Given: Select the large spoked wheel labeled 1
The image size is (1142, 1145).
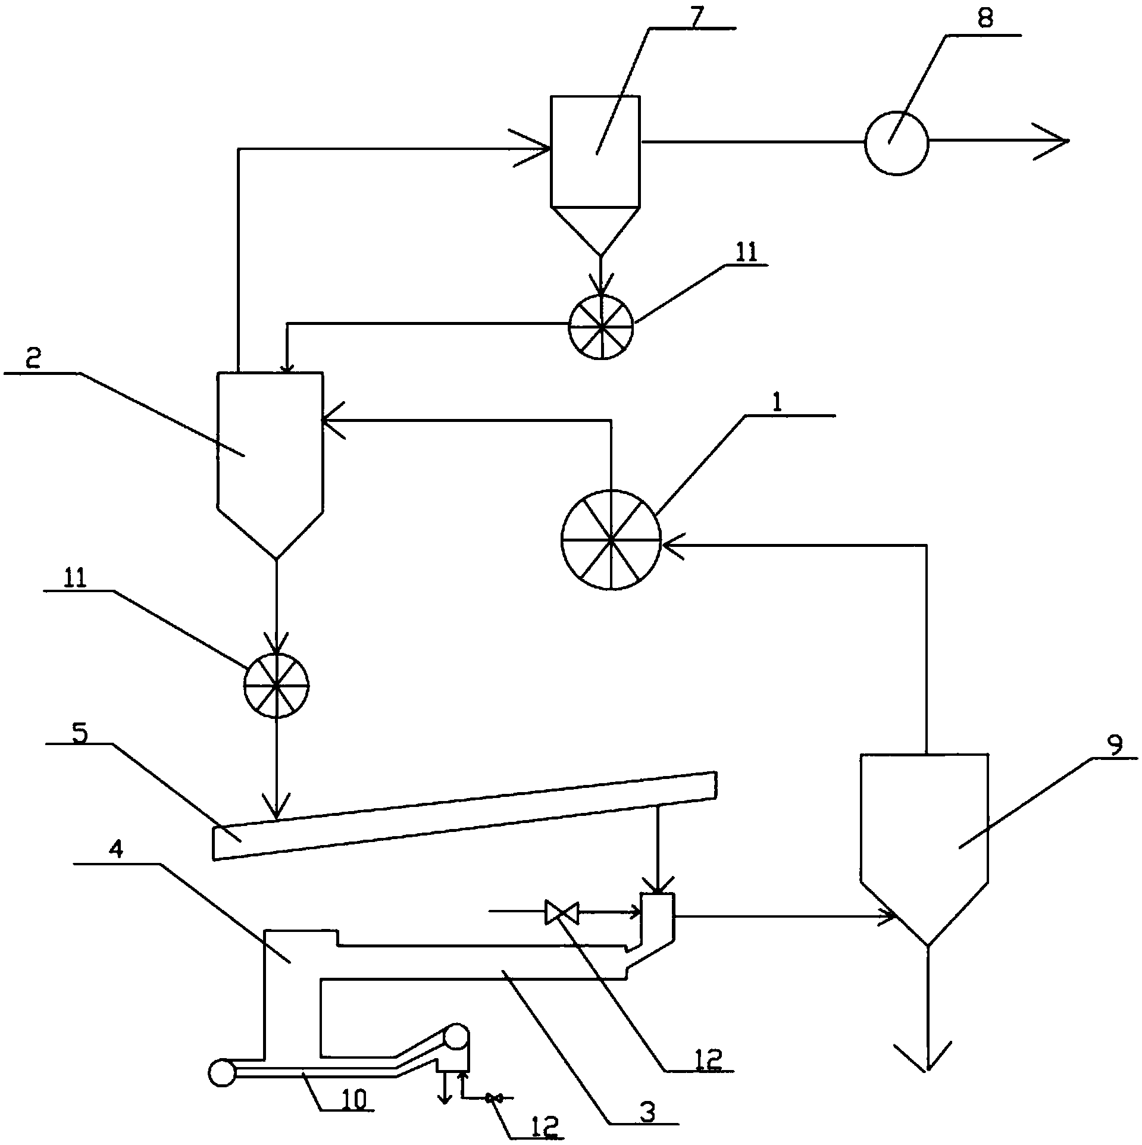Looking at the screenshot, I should [x=611, y=540].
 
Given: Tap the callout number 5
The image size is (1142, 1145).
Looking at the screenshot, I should [x=79, y=734].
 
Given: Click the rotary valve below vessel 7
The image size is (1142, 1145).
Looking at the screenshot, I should [x=601, y=327].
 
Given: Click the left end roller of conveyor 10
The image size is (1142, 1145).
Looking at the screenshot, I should [x=223, y=1073].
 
